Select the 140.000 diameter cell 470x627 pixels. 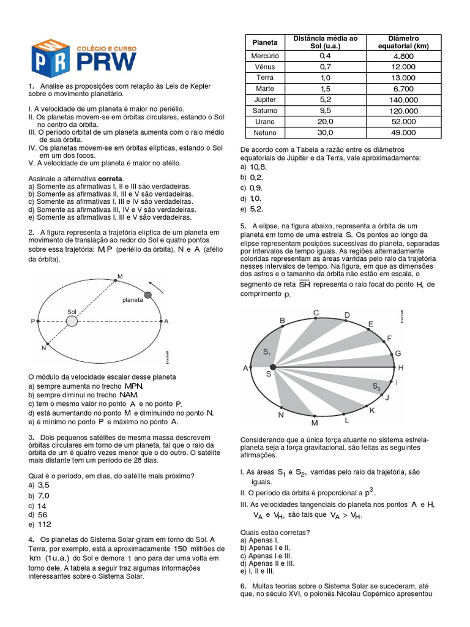point(405,99)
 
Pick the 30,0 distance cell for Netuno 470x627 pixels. point(325,133)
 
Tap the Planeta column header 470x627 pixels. point(264,42)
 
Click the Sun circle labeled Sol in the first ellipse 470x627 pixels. point(72,320)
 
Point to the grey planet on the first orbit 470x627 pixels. point(147,296)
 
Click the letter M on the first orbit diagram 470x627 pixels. point(120,277)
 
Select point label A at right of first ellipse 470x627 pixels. point(166,321)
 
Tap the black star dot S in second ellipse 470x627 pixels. point(272,367)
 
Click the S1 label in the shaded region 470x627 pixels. point(267,351)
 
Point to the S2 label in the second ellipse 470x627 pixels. point(376,386)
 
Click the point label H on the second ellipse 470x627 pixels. point(401,367)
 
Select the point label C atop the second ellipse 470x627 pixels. point(316,313)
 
